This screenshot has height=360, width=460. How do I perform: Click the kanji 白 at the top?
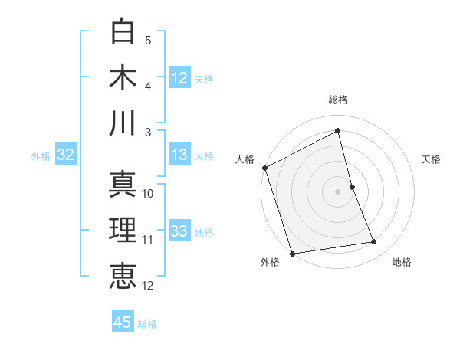[123, 32]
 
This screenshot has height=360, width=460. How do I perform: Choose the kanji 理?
[123, 230]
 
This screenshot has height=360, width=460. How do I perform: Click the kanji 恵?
[123, 275]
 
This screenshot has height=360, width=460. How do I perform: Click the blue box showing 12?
[179, 77]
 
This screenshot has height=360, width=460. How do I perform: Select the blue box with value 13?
[179, 155]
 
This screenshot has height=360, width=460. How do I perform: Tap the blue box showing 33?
[179, 231]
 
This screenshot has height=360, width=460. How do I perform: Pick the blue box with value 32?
[65, 155]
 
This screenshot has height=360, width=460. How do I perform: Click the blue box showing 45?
[123, 322]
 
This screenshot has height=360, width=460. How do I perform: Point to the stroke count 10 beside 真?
[148, 194]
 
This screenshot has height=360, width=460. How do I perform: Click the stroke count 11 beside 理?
[148, 240]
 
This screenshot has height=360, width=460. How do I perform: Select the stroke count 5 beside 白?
[147, 40]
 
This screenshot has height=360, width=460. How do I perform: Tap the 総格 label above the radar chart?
[338, 100]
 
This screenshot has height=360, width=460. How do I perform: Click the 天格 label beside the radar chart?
[431, 159]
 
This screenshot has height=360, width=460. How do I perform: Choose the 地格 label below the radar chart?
[402, 263]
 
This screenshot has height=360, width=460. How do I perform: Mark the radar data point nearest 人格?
[264, 168]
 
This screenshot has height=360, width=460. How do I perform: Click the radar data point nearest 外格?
[292, 253]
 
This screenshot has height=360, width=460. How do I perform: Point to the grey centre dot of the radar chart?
[338, 191]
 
